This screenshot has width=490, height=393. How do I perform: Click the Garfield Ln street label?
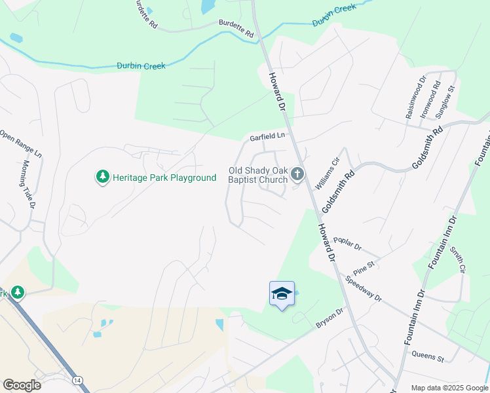click(x=268, y=137)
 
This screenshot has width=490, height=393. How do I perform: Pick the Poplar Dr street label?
click(x=347, y=244)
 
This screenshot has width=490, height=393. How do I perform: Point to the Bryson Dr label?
click(x=330, y=318)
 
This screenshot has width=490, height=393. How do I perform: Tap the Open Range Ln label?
click(x=20, y=143)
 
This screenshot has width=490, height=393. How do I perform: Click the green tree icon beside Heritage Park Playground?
click(x=102, y=177)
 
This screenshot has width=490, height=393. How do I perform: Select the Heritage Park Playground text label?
click(x=164, y=178)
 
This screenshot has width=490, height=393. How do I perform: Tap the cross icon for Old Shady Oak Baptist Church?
click(x=297, y=174)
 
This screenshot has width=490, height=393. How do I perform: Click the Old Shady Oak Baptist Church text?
click(x=257, y=175)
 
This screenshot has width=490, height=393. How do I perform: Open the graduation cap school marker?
click(x=282, y=293)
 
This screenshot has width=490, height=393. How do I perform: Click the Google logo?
click(x=22, y=385)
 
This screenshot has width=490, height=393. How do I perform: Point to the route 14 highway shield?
click(x=78, y=380)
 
